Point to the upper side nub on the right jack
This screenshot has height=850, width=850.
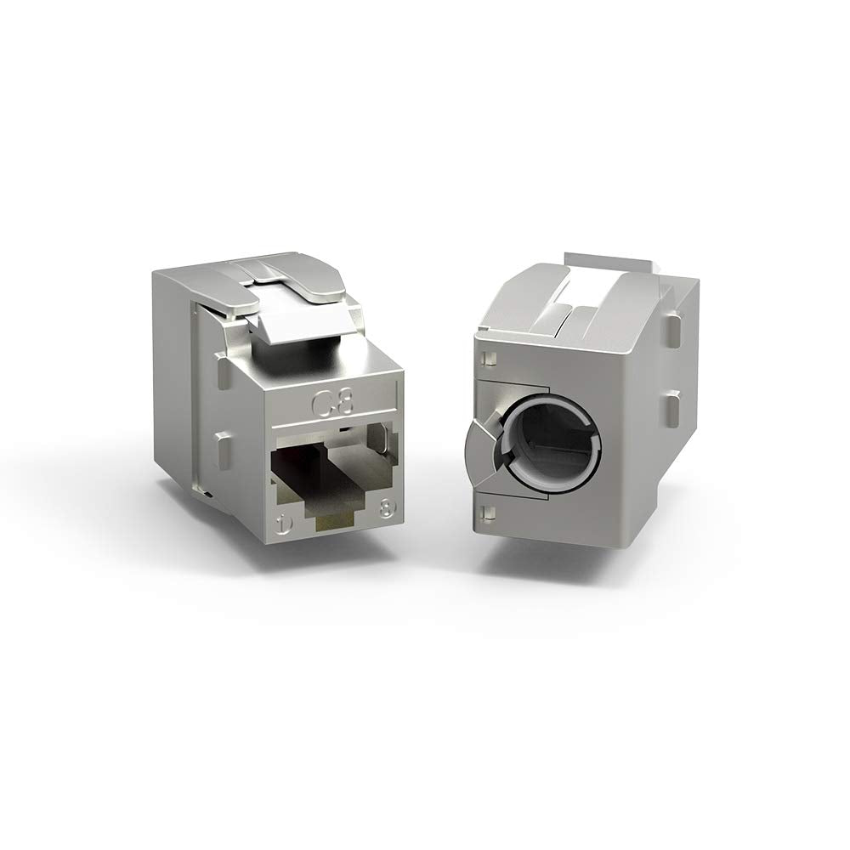[673, 327]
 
